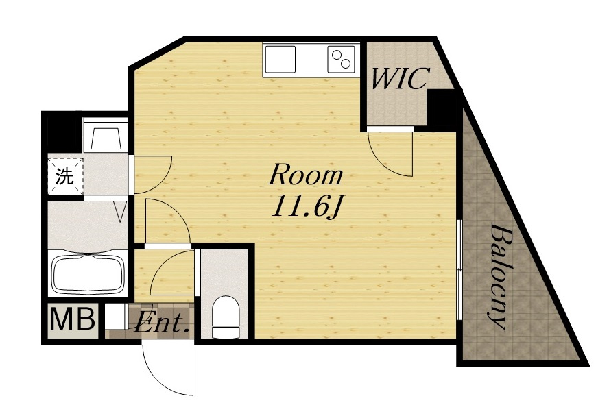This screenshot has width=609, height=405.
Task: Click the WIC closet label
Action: click(x=401, y=79)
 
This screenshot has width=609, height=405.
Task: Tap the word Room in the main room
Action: click(x=306, y=175)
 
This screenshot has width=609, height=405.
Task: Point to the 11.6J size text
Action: click(x=307, y=207)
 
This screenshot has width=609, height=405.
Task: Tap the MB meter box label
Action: click(x=72, y=319)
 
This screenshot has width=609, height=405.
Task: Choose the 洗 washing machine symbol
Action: click(x=65, y=176)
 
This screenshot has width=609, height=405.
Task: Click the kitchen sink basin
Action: click(x=280, y=60)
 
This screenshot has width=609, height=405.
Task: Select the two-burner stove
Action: click(x=341, y=60)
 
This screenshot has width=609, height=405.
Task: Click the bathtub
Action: click(x=88, y=274)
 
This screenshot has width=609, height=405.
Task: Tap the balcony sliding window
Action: click(x=459, y=270)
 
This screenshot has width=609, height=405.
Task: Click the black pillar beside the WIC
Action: click(x=441, y=110)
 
